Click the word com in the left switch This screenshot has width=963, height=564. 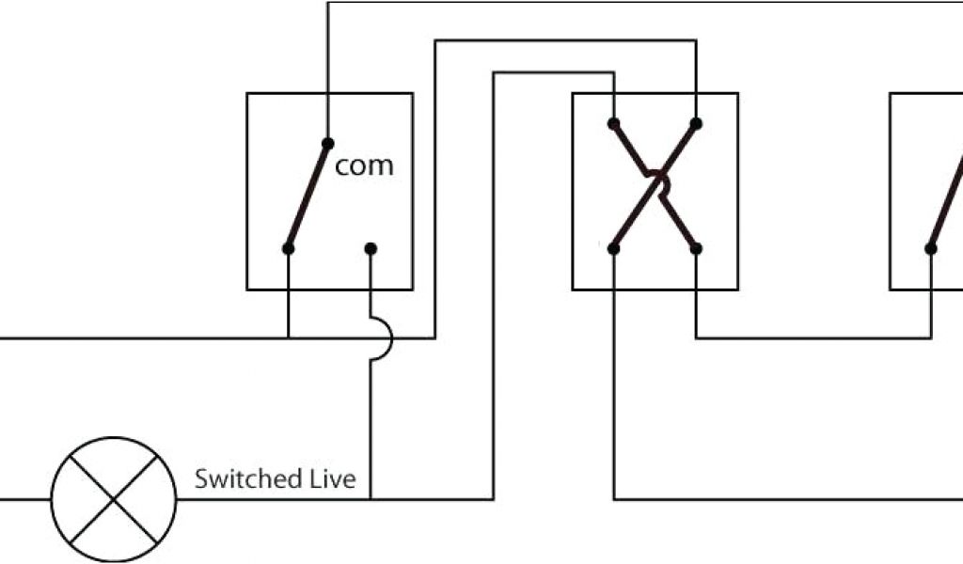click(x=364, y=166)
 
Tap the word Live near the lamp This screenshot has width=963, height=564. click(x=333, y=478)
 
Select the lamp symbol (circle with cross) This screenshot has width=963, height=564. click(x=114, y=499)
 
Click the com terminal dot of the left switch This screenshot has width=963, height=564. click(x=327, y=143)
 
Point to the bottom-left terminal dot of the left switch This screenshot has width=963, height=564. click(x=289, y=249)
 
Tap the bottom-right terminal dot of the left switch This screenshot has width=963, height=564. click(x=371, y=249)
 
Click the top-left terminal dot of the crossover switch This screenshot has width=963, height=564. click(x=613, y=123)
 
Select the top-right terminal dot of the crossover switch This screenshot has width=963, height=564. click(x=696, y=123)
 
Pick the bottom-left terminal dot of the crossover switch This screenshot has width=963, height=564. click(x=613, y=249)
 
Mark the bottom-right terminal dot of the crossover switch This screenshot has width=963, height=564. click(x=696, y=249)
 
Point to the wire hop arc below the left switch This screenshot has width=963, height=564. click(x=384, y=337)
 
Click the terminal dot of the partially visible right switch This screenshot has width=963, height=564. click(x=930, y=249)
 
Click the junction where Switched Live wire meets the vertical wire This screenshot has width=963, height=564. click(x=371, y=499)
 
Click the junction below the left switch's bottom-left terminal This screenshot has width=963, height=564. click(x=289, y=337)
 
